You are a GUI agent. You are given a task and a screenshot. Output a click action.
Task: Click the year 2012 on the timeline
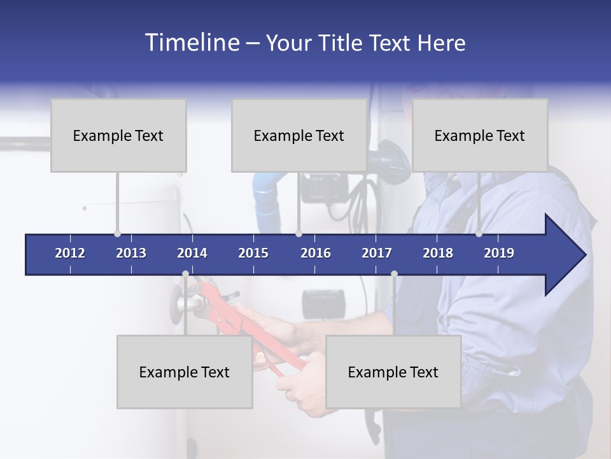[x=70, y=253]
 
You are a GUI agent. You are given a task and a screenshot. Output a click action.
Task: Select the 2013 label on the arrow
[x=131, y=253]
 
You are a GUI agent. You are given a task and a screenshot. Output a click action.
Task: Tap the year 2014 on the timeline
[x=192, y=253]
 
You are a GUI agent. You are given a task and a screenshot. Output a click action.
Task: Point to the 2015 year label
[x=253, y=253]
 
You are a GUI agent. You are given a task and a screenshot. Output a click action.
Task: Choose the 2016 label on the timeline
[x=316, y=253]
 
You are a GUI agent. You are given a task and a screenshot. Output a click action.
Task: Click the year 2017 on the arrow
[x=377, y=253]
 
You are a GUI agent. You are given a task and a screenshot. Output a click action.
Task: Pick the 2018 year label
[x=438, y=253]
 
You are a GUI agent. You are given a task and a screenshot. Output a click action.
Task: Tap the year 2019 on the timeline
[x=499, y=253]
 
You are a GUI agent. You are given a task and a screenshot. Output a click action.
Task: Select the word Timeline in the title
[x=191, y=43]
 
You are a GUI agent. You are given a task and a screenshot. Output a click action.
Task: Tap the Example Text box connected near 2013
[x=118, y=135]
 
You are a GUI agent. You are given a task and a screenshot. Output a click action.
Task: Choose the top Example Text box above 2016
[x=299, y=135]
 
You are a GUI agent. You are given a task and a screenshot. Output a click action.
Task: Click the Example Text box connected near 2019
[x=480, y=135]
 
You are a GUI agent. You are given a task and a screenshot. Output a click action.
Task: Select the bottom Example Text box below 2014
[x=185, y=372]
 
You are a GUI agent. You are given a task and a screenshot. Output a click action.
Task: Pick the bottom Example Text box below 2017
[x=393, y=372]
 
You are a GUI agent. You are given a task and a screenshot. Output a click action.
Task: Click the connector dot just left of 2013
[x=117, y=233]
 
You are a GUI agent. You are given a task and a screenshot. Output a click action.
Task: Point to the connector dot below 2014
[x=185, y=274]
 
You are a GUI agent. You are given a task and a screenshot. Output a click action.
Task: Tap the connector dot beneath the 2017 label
[x=394, y=274]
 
